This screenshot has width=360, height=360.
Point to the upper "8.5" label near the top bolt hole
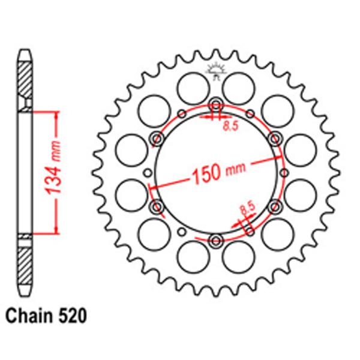tap(229, 127)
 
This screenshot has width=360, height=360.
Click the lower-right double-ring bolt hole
tap(275, 207)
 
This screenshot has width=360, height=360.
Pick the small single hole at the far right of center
tap(286, 172)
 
